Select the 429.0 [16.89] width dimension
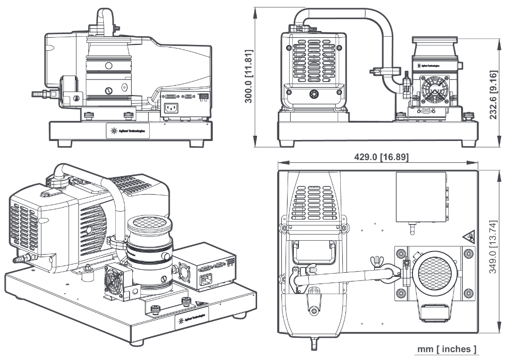(x=379, y=157)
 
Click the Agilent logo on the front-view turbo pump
(x=429, y=66)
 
